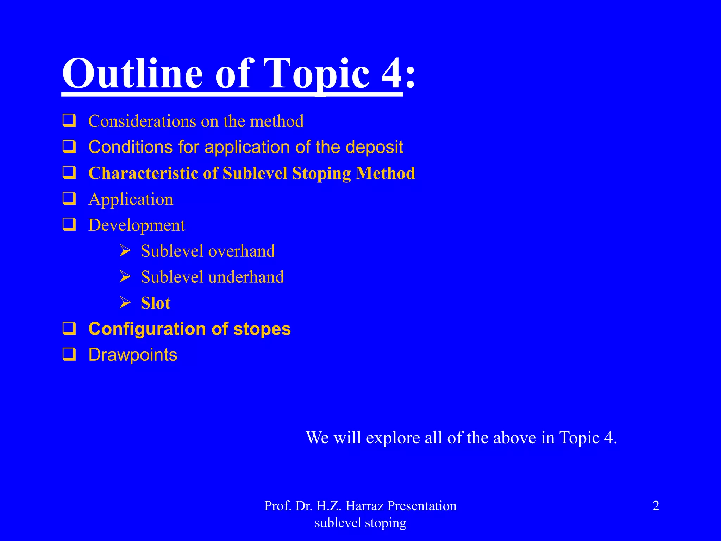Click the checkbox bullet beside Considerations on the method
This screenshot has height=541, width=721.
tap(69, 120)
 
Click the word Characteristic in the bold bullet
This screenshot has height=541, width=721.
tap(143, 173)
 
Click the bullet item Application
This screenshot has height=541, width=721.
tap(131, 199)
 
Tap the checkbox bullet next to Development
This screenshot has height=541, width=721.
tap(69, 224)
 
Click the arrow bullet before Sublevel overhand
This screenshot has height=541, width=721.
tap(125, 251)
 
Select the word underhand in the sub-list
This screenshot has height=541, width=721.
tap(247, 277)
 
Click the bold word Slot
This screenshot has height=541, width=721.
tap(155, 303)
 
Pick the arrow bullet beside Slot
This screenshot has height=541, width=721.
tap(125, 302)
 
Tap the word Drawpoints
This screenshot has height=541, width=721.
tap(133, 355)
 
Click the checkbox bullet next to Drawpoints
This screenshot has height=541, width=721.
tap(69, 354)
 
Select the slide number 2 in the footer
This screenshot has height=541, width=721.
tap(656, 506)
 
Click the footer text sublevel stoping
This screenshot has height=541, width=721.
tap(360, 523)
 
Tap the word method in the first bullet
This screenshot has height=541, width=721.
tap(277, 121)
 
